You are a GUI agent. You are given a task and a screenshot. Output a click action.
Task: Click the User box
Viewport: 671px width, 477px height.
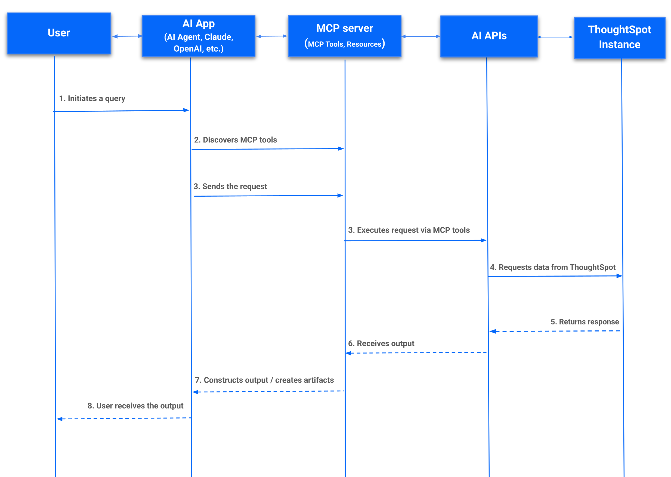tap(59, 33)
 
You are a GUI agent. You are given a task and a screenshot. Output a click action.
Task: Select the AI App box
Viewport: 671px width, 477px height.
tap(198, 36)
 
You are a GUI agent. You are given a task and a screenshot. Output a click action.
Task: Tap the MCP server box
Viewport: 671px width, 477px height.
tap(344, 36)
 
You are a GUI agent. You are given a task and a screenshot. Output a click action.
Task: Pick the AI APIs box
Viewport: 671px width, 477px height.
tap(489, 36)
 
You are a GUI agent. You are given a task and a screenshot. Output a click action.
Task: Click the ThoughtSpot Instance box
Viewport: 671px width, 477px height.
tap(619, 37)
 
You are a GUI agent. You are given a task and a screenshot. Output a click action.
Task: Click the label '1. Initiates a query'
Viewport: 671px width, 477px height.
tap(92, 98)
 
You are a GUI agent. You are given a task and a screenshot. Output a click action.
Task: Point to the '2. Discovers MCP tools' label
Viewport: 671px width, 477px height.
tap(235, 140)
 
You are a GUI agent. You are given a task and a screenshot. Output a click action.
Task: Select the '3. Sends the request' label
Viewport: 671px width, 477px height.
tap(230, 187)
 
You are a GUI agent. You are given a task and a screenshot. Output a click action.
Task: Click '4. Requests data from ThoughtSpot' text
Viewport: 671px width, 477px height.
tap(552, 267)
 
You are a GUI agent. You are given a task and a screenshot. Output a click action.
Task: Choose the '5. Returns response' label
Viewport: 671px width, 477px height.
tap(584, 322)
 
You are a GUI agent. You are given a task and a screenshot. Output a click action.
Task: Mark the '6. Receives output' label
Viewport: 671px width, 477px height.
tap(381, 343)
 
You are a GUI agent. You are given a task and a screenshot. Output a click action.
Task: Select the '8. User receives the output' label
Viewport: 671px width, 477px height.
tap(135, 406)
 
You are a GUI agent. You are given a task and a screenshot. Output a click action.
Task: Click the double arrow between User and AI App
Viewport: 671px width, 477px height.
tap(127, 36)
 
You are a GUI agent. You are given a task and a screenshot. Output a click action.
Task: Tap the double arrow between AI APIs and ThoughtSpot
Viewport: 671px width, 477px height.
tap(555, 37)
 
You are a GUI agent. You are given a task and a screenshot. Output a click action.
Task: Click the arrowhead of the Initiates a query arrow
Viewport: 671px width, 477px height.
tap(186, 110)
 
